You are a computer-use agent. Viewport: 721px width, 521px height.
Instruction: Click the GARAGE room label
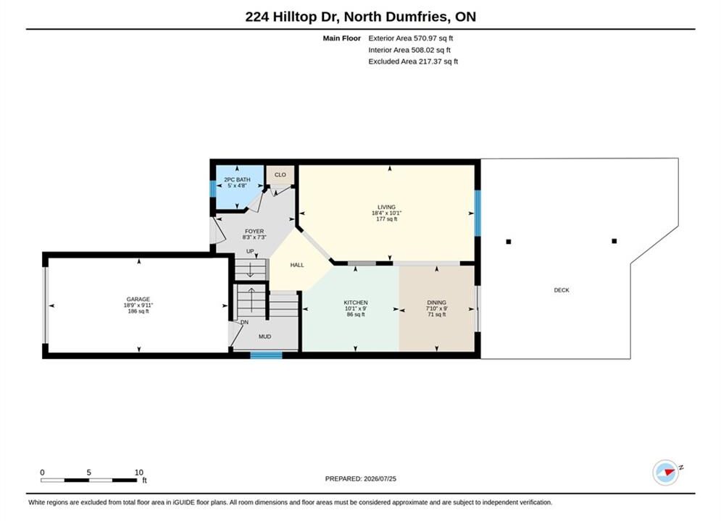click(138, 300)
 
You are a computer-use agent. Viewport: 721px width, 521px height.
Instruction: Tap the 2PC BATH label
click(237, 179)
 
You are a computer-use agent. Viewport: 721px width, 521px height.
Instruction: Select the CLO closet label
click(280, 175)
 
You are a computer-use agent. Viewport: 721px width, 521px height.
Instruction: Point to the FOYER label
click(254, 232)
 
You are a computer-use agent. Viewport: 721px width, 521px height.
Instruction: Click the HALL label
click(297, 265)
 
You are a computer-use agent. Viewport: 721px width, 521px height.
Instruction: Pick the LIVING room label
click(386, 207)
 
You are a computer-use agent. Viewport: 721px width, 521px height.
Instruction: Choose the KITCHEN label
click(356, 302)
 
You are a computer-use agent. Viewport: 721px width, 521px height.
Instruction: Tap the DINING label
click(436, 302)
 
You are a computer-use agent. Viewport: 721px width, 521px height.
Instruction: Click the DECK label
click(562, 290)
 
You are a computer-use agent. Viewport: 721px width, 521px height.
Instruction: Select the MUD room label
click(265, 336)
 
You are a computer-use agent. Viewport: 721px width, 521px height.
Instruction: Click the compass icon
click(666, 472)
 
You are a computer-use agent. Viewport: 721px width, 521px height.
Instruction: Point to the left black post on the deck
click(509, 242)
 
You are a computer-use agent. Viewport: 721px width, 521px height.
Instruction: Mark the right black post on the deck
click(614, 241)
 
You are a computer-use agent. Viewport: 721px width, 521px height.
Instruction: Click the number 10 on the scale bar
click(139, 473)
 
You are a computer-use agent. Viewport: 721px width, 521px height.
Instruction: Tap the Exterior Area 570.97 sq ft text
click(411, 38)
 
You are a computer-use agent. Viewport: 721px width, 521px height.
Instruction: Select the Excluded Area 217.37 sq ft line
click(413, 61)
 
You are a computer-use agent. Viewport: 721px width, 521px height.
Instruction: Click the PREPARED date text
click(361, 479)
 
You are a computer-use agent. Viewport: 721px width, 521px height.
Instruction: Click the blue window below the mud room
click(266, 355)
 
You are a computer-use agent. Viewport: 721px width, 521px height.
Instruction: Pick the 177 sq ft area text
click(387, 219)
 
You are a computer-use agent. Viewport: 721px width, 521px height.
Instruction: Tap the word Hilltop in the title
click(295, 17)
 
